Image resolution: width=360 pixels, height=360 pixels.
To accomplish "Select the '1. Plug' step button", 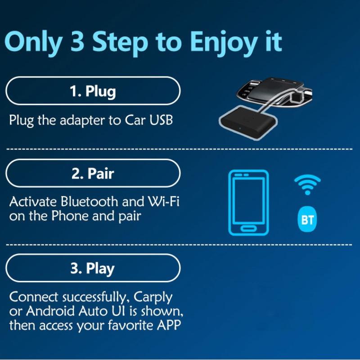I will click(93, 91).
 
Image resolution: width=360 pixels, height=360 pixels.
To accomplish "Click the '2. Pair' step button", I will click(93, 174).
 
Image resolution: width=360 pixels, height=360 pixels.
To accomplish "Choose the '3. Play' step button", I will click(93, 269).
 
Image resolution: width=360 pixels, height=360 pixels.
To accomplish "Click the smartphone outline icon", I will click(248, 202).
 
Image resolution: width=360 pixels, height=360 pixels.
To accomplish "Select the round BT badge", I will click(307, 220).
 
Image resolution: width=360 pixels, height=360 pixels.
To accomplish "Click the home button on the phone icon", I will click(248, 228).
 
